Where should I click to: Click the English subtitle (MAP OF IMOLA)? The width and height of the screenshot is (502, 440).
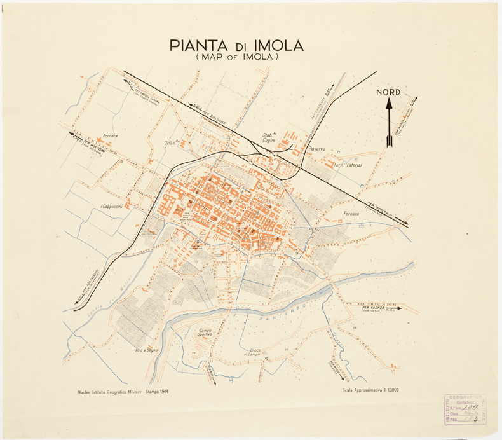tap(238, 57)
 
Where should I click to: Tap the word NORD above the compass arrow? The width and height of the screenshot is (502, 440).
tap(388, 92)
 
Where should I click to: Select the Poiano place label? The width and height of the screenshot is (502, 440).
tap(316, 148)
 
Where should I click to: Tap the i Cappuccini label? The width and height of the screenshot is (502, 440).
tap(112, 207)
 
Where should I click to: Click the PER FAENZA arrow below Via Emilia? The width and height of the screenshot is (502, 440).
tap(372, 311)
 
